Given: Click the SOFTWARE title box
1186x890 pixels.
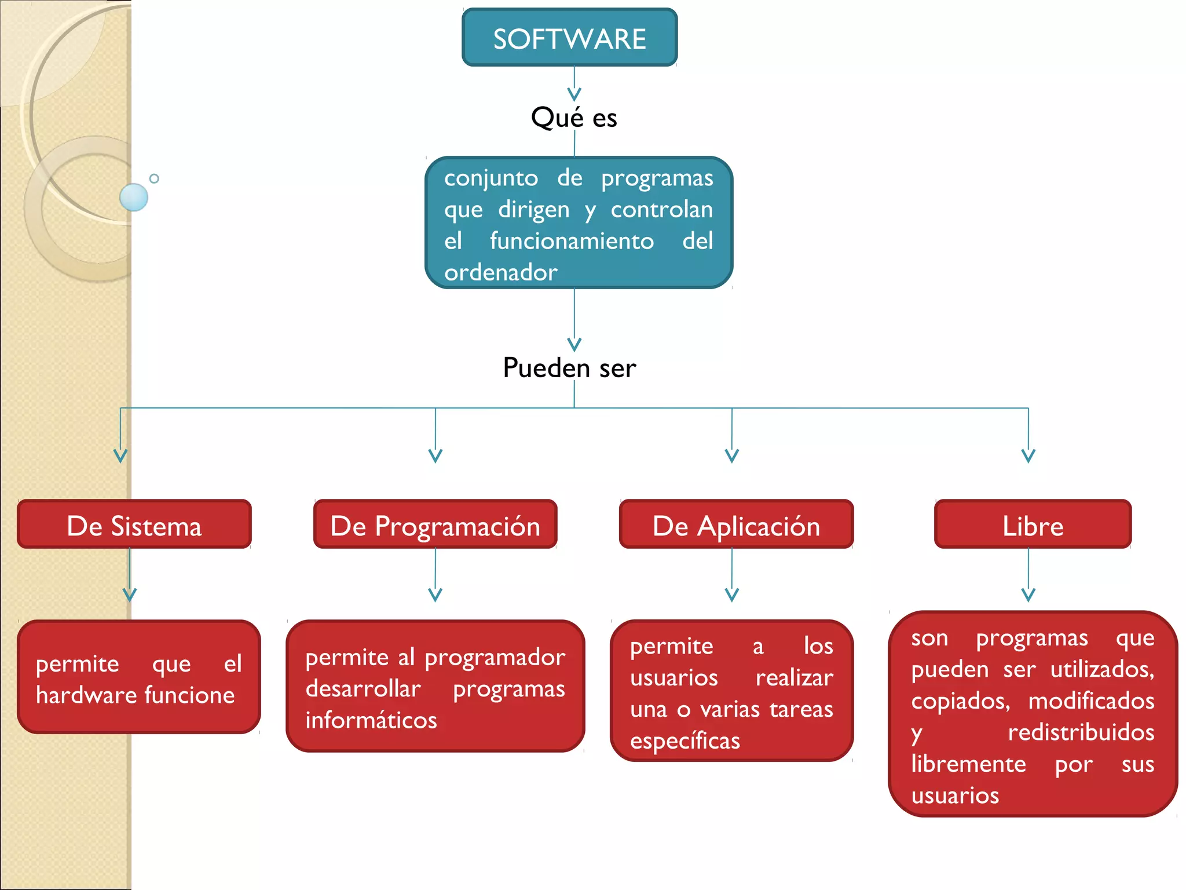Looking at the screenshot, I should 569,38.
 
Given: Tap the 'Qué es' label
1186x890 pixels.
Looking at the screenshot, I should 574,118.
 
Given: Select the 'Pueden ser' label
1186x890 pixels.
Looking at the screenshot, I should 569,368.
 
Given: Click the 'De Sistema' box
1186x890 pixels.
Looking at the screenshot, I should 134,525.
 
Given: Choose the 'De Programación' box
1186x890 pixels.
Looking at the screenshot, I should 435,525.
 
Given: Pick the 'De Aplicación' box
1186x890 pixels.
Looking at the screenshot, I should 736,525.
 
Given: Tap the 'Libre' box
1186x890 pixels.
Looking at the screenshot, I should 1033,525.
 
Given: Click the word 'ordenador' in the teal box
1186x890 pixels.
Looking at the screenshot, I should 501,272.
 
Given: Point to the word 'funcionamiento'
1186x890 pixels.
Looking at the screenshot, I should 572,241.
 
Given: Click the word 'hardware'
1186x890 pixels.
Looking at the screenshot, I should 86,695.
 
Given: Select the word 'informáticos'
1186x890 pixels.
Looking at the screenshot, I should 371,720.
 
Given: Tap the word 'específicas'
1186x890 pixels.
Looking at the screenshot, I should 685,741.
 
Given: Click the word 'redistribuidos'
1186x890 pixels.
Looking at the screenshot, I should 1081,732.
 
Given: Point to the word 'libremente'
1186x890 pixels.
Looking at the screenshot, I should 968,764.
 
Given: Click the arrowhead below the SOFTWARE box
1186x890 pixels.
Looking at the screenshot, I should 574,94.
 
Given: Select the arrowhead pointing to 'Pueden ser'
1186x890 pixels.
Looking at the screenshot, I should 574,344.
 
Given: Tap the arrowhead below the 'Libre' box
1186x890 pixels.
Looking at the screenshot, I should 1028,594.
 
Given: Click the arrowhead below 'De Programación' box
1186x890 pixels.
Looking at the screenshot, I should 435,594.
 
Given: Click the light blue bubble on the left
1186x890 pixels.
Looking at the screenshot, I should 134,197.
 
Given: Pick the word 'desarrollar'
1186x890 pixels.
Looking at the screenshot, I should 363,689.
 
